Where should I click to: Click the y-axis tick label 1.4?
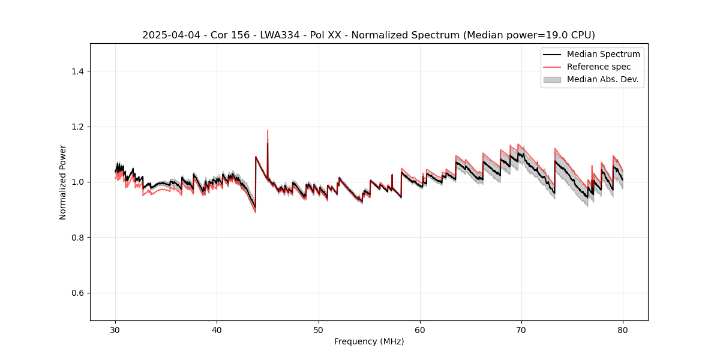77,71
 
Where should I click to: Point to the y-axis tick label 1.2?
77,127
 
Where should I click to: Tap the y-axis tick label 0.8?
77,238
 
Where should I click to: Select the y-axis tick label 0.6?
77,293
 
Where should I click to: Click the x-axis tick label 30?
116,329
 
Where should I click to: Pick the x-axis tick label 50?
319,329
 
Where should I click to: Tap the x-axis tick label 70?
521,329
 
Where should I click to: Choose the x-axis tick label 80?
623,329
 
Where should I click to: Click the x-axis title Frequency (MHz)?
369,341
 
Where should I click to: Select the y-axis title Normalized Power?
63,182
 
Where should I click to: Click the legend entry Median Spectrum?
603,54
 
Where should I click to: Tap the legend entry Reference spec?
599,67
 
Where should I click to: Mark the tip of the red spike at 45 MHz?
268,130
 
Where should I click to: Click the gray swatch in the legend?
552,79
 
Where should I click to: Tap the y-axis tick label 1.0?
77,182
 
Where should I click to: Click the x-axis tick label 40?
217,329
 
